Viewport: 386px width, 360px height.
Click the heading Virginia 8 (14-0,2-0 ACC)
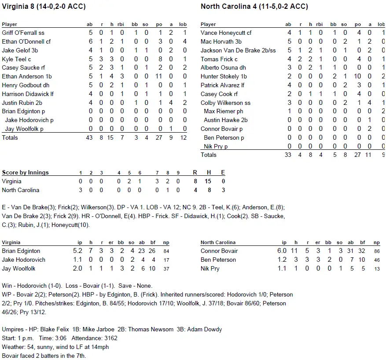tap(44, 7)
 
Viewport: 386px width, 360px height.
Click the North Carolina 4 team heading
tap(254, 7)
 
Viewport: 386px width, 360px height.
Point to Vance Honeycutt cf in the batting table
tap(226, 33)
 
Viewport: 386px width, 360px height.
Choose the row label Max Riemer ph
tap(223, 111)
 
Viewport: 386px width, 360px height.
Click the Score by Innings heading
tap(25, 173)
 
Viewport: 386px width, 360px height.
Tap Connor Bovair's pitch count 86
tap(376, 251)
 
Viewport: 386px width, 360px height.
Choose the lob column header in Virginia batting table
tap(184, 24)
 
